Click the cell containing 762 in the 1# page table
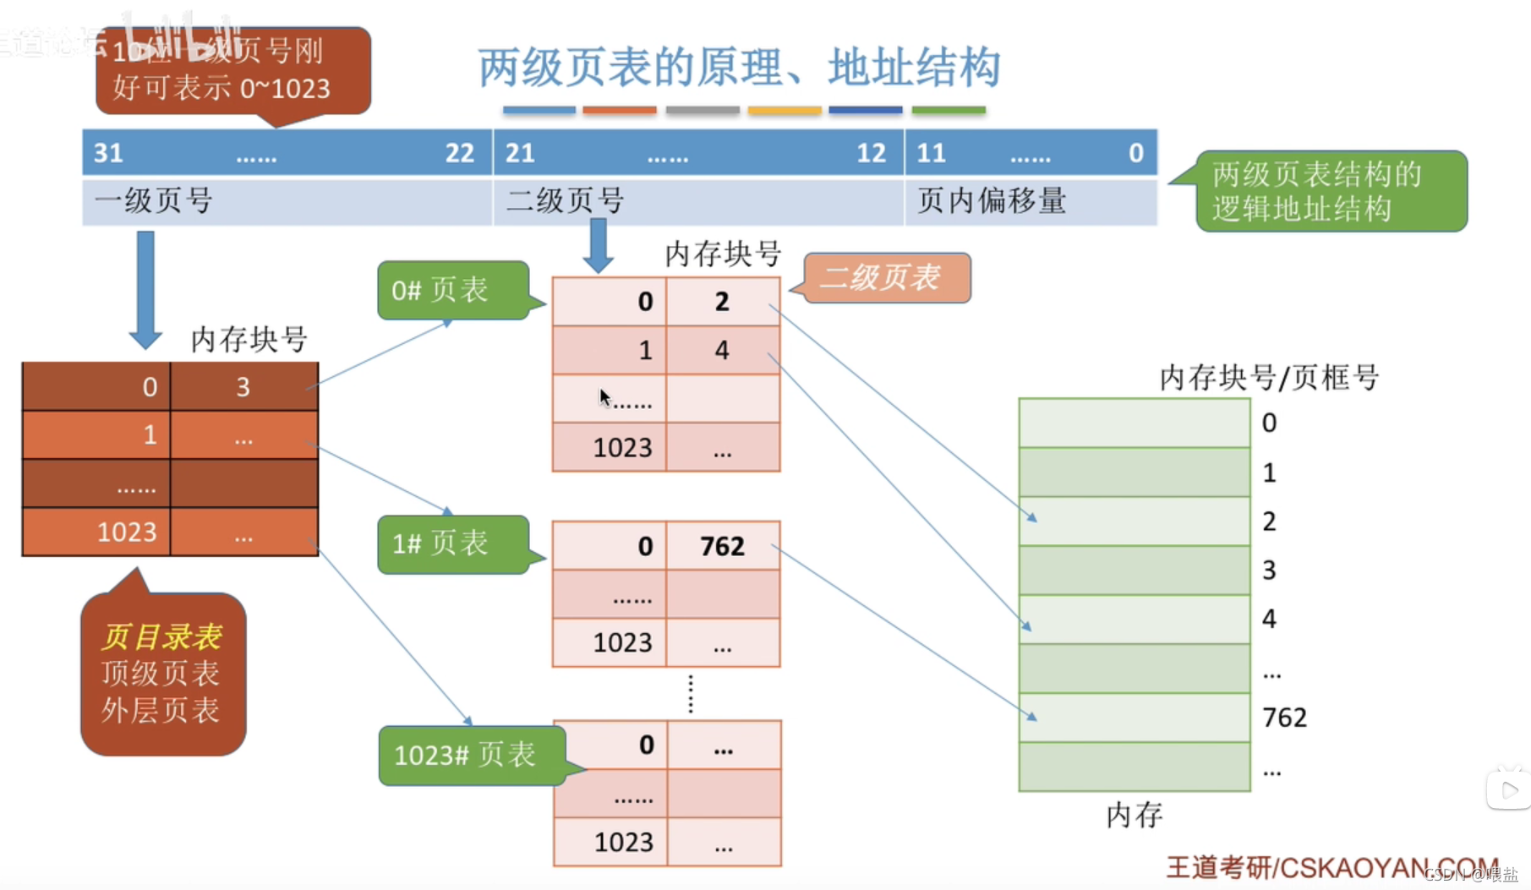tap(722, 546)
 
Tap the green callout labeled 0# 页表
tap(453, 290)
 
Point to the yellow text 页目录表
tap(161, 636)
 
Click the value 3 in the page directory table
tap(243, 387)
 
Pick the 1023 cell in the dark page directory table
tap(126, 532)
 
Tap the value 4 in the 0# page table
tap(722, 350)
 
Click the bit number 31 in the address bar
tap(108, 153)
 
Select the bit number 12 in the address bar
tap(871, 153)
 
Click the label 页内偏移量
tap(992, 201)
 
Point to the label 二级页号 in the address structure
tap(565, 201)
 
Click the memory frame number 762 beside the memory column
tap(1284, 718)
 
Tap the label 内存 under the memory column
tap(1134, 815)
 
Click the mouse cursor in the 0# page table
tap(604, 397)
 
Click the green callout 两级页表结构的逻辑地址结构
tap(1331, 191)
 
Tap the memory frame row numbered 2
tap(1134, 521)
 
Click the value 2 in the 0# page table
tap(722, 302)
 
